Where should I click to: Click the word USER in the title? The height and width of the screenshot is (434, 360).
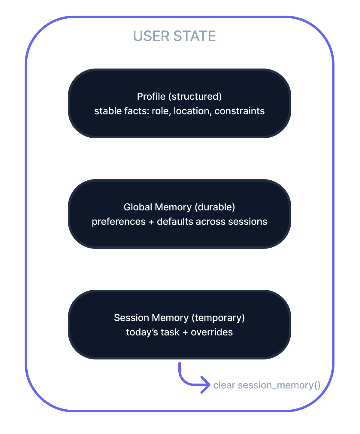point(151,36)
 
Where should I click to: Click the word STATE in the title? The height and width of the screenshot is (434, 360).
point(195,36)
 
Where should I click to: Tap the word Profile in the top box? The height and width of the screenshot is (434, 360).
point(151,96)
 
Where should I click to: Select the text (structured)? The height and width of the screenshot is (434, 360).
point(195,96)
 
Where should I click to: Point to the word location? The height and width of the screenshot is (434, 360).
point(192,111)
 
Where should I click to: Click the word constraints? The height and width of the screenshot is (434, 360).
point(240,111)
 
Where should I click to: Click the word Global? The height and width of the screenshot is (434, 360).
point(138,207)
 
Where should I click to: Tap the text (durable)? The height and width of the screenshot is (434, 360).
point(215,207)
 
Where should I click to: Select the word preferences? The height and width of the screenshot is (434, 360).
point(119,222)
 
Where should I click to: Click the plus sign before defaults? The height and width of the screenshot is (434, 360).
point(151,222)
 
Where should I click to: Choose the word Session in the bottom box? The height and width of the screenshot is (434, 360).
point(132,318)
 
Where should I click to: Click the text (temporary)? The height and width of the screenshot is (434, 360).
point(218,318)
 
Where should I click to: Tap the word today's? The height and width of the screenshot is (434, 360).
point(142,332)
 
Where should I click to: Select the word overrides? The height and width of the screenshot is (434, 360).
point(212,332)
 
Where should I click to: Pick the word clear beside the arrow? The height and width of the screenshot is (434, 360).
point(224,385)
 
